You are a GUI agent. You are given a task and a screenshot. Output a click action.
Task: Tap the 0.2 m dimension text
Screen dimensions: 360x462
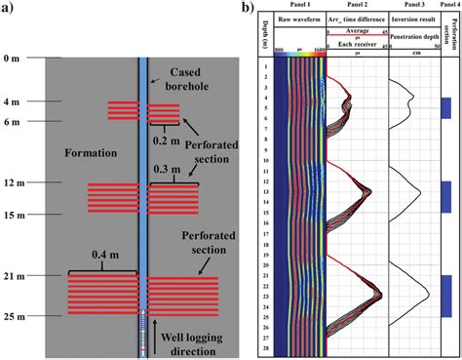coord(163,139)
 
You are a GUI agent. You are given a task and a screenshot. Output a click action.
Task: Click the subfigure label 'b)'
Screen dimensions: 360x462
coord(250,9)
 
